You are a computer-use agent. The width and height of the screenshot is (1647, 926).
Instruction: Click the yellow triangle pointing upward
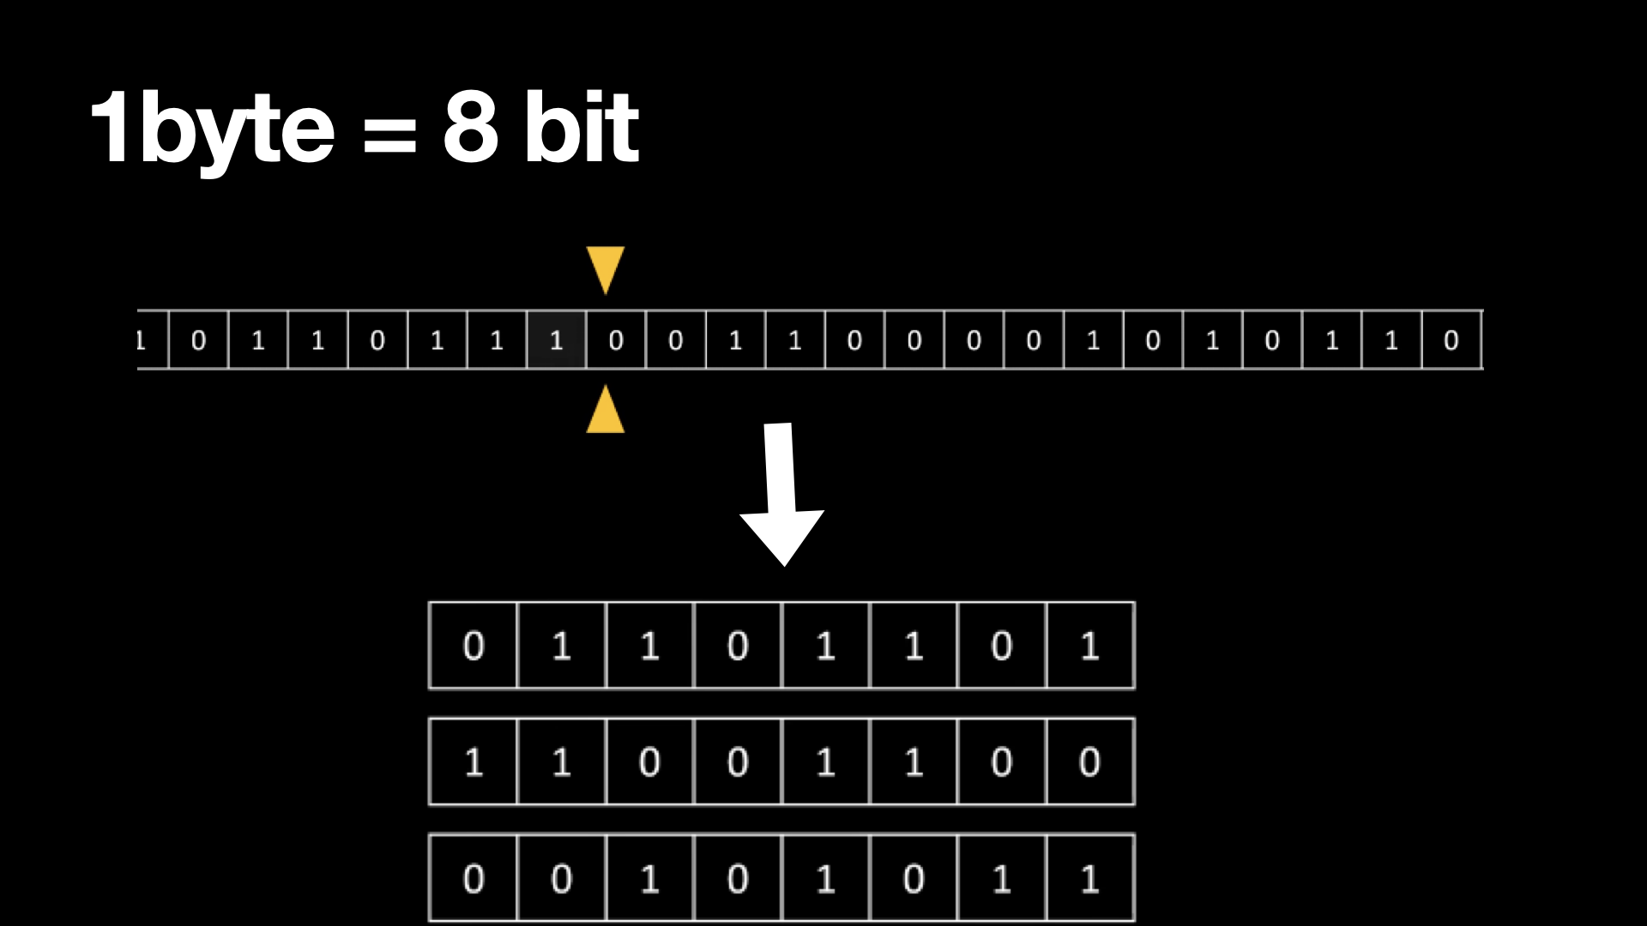click(606, 411)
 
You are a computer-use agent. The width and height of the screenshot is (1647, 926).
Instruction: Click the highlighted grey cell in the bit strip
click(556, 340)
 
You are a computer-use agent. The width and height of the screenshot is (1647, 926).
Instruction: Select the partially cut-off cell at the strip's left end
click(152, 340)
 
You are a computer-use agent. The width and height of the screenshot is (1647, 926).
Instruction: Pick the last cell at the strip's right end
click(1451, 340)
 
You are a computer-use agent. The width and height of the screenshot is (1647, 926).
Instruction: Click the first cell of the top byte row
click(474, 646)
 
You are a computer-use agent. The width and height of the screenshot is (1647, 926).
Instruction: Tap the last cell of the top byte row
click(1089, 646)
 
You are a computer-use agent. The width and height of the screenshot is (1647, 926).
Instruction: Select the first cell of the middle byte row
click(474, 761)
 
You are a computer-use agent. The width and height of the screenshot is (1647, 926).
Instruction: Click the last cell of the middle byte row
click(1089, 761)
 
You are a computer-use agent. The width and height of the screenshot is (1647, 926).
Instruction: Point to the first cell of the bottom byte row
click(474, 878)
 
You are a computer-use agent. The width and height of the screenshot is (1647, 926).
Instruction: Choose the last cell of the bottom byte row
click(1089, 878)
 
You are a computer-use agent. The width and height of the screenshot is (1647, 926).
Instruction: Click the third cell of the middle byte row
click(649, 761)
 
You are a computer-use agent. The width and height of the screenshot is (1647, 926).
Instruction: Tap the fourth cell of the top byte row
click(738, 646)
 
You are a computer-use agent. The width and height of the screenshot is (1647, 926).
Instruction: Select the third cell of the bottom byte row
click(649, 878)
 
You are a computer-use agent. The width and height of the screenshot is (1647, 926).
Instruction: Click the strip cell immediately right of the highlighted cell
click(616, 340)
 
